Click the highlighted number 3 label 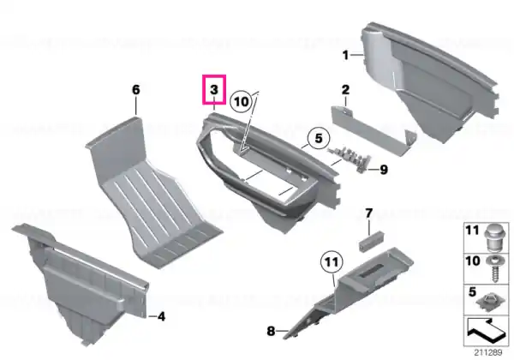[213, 89]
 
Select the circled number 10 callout [242, 102]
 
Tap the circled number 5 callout [319, 138]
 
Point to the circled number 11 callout [332, 262]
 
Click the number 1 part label [345, 55]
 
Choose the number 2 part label [345, 89]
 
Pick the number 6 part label [135, 89]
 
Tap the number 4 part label [161, 317]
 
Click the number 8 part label [271, 331]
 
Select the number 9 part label [384, 170]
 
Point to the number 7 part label [368, 213]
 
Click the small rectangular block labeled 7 [372, 241]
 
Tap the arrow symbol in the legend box [486, 330]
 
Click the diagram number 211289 [488, 352]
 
